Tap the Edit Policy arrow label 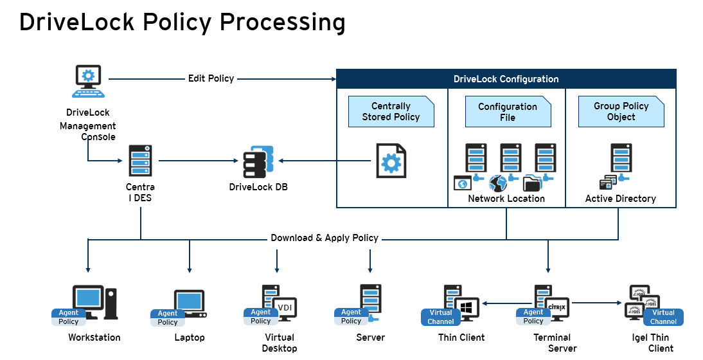[x=211, y=78]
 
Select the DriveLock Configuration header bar [x=506, y=79]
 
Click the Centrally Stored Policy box [x=391, y=112]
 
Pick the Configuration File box [x=508, y=112]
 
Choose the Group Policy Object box [x=621, y=112]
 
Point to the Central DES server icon [x=139, y=161]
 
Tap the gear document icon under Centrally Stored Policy [x=391, y=161]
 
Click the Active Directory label [x=620, y=199]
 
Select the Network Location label [x=506, y=199]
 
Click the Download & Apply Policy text [x=325, y=238]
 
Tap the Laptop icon [x=190, y=303]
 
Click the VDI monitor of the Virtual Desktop [x=284, y=308]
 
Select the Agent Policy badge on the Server [x=351, y=316]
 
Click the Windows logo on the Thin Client [x=467, y=306]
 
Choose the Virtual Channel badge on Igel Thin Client [x=663, y=317]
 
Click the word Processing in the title [x=282, y=22]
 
